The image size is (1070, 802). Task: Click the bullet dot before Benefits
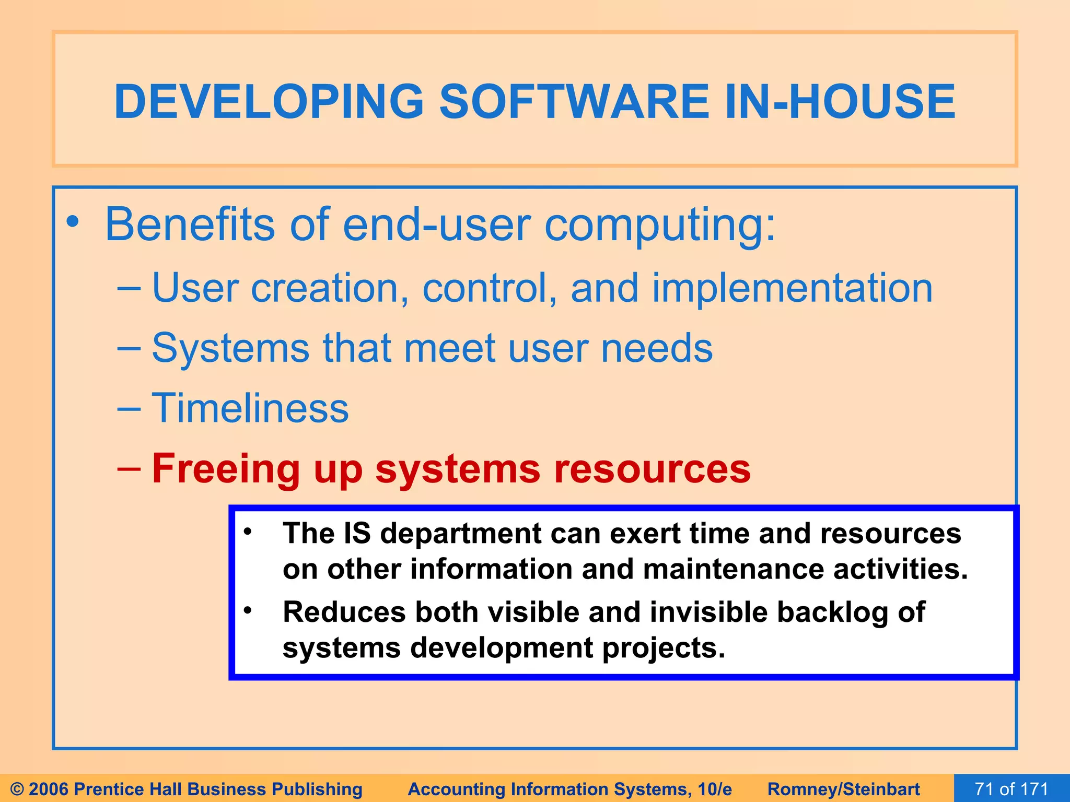(x=73, y=223)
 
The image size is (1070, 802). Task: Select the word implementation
(x=792, y=288)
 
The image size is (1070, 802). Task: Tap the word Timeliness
(x=250, y=408)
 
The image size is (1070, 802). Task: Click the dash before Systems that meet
(x=129, y=348)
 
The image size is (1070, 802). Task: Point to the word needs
(x=657, y=348)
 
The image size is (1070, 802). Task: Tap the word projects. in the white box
(x=664, y=648)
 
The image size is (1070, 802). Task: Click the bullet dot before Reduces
(x=248, y=610)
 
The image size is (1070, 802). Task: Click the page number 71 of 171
(x=1011, y=788)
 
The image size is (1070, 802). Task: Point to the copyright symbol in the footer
(x=17, y=789)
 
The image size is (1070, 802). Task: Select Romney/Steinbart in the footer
(x=843, y=789)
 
